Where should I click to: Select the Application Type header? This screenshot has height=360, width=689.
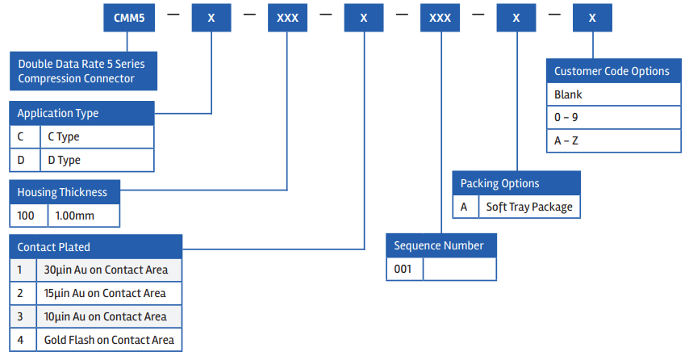tap(81, 113)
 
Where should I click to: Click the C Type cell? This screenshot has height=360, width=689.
tap(96, 136)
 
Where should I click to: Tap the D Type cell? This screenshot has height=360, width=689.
tap(96, 160)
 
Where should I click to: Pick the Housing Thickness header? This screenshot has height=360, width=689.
tap(65, 192)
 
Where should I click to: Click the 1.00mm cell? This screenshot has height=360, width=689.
tap(84, 216)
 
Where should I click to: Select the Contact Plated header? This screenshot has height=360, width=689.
tap(96, 246)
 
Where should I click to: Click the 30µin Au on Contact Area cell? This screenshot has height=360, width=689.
tap(109, 270)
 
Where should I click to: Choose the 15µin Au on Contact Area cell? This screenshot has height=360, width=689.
tap(109, 293)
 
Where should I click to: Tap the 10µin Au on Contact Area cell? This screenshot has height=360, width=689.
tap(109, 316)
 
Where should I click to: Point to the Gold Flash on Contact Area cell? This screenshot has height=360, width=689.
tap(109, 340)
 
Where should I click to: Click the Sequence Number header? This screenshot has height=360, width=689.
tap(441, 245)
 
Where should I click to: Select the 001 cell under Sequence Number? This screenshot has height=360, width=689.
tap(405, 269)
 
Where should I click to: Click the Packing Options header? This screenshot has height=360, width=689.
tap(516, 183)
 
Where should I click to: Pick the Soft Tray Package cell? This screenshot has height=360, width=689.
tap(529, 207)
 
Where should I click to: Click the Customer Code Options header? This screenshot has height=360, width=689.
tap(612, 71)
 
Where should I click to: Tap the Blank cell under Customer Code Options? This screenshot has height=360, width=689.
tap(612, 94)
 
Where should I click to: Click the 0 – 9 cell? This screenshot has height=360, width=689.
tap(612, 117)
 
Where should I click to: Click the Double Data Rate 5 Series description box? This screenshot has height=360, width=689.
tap(83, 71)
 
